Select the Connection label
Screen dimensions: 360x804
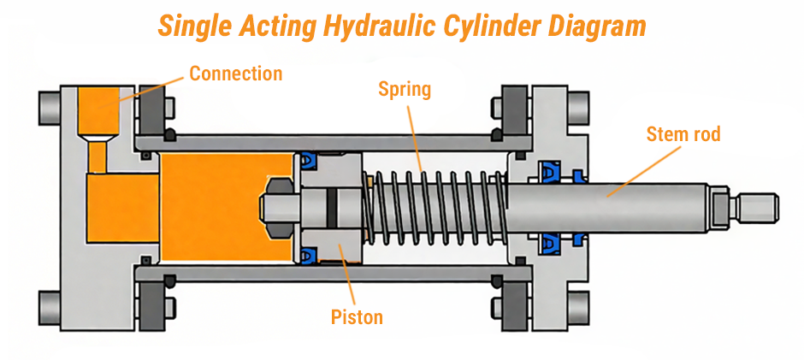[x=235, y=74]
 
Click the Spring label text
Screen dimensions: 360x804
[x=405, y=88]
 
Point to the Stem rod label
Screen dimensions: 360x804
[x=683, y=133]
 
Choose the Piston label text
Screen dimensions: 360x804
[x=357, y=317]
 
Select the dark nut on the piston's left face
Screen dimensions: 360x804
[x=275, y=207]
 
